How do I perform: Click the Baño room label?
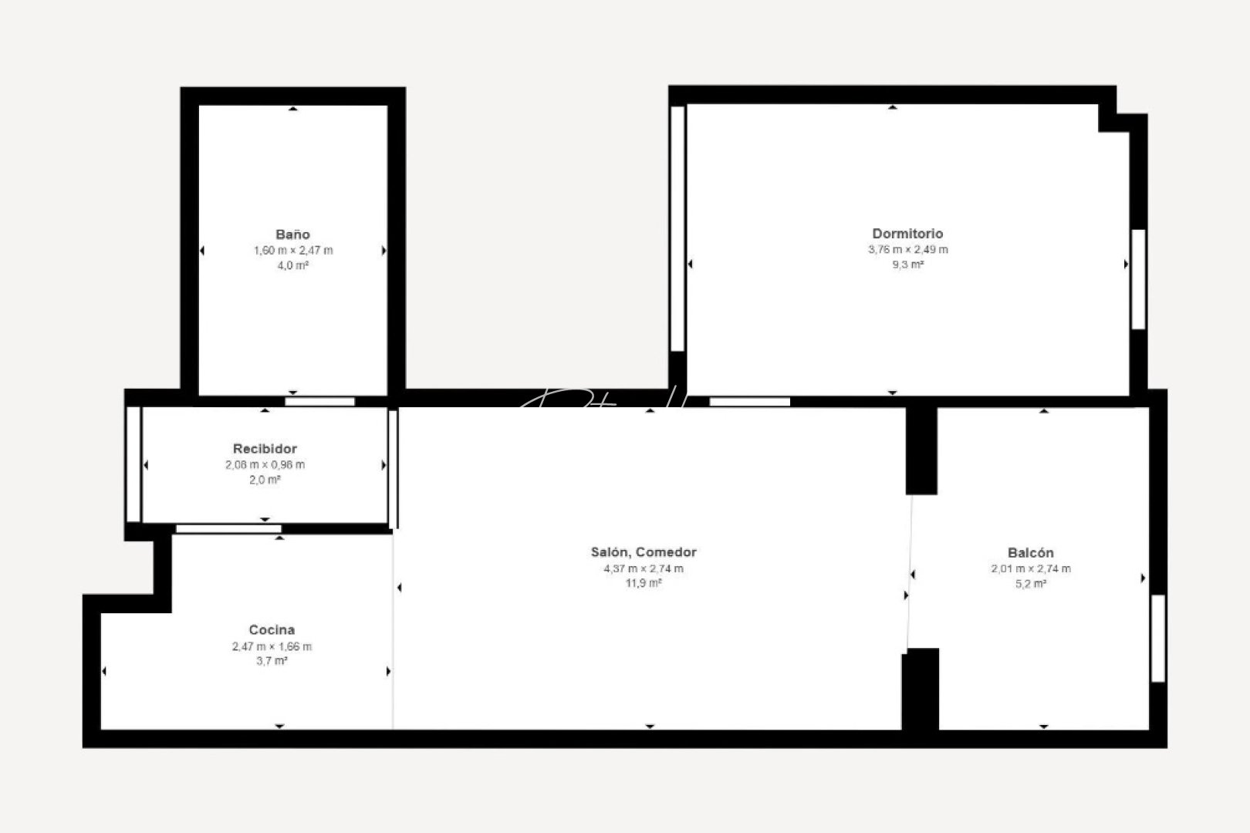[292, 234]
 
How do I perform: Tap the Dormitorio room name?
[907, 234]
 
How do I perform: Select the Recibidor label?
[265, 449]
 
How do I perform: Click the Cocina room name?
[272, 630]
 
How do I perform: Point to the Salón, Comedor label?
[644, 552]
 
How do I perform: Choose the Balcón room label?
[1030, 553]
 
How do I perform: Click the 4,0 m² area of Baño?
[292, 266]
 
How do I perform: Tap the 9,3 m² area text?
[907, 265]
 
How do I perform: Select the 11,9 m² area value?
[644, 584]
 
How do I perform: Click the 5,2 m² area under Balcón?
[1030, 584]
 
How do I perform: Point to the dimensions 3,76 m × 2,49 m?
[907, 250]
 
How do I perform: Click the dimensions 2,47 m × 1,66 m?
[272, 647]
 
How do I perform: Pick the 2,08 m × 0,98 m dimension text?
[265, 465]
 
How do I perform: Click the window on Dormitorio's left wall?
[677, 228]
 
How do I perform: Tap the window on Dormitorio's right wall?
[1138, 279]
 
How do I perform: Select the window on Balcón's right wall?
[1157, 638]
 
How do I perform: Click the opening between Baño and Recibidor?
[320, 402]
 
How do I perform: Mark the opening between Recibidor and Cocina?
[228, 529]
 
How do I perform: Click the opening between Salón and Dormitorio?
[749, 402]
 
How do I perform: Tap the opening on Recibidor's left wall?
[133, 464]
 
